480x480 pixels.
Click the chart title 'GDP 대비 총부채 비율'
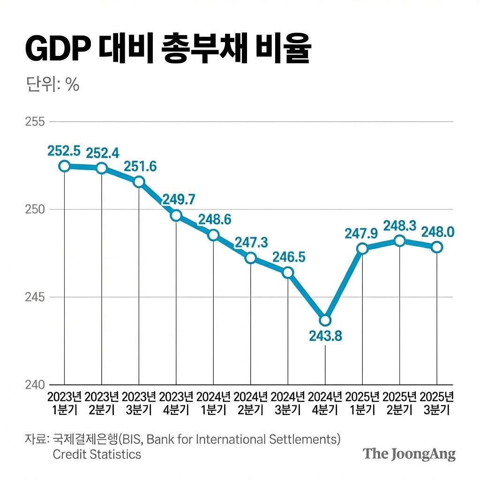(x=167, y=48)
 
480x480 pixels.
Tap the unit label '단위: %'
(x=52, y=85)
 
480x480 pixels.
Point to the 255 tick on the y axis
(x=35, y=122)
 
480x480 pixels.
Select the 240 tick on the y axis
(x=35, y=385)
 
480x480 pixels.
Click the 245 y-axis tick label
(x=35, y=297)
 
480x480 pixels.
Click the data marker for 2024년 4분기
(x=325, y=321)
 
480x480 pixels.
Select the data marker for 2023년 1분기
(x=64, y=166)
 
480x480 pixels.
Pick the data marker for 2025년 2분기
(x=399, y=241)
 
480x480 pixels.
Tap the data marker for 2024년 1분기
(x=213, y=235)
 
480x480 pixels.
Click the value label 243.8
(x=325, y=337)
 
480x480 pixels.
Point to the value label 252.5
(x=64, y=151)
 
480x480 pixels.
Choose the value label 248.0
(x=437, y=232)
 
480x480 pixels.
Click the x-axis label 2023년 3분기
(x=139, y=403)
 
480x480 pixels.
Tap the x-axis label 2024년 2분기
(x=251, y=403)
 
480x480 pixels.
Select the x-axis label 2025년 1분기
(x=362, y=403)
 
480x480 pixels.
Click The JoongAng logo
(x=409, y=454)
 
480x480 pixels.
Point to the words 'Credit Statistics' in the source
(x=97, y=454)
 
